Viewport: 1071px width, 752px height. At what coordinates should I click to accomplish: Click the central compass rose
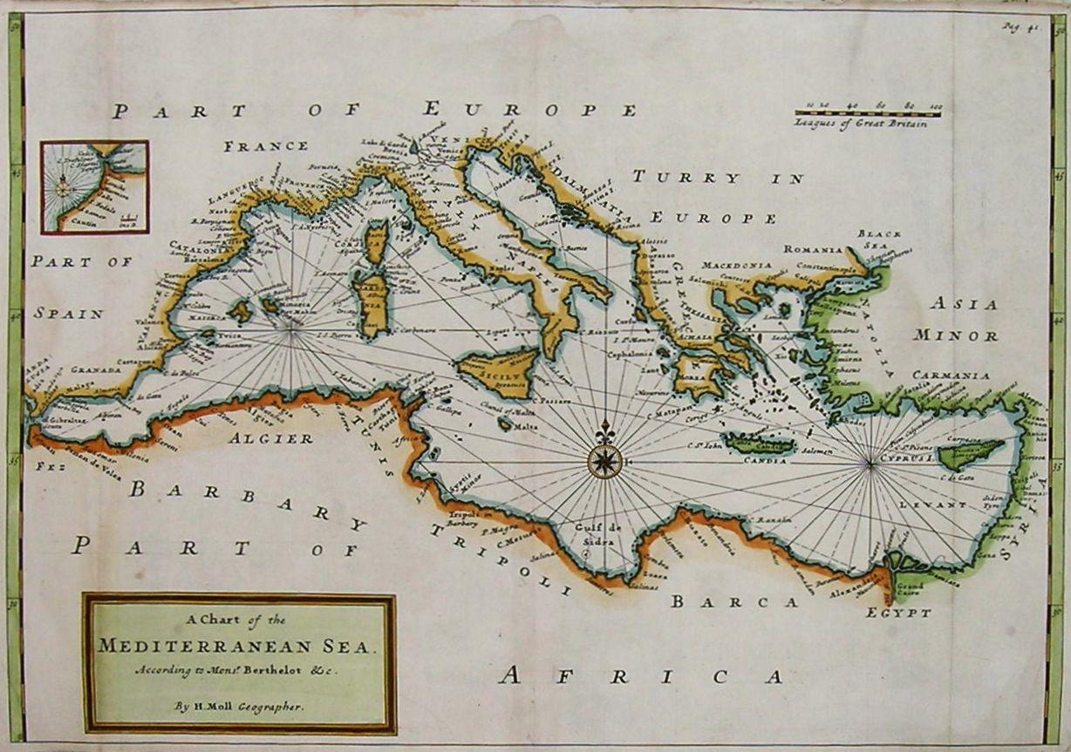(x=604, y=460)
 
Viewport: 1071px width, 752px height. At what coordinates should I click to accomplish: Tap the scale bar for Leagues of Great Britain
(x=868, y=112)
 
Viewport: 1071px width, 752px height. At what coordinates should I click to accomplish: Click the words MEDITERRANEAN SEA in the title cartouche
(x=239, y=646)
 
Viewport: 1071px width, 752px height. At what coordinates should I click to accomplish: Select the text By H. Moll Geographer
(x=239, y=708)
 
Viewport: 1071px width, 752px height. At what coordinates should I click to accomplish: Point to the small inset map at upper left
(x=94, y=187)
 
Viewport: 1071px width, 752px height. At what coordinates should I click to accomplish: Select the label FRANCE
(x=265, y=146)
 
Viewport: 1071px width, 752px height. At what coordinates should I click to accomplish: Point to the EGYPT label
(x=898, y=613)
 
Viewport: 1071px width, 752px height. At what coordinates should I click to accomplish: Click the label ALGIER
(x=270, y=438)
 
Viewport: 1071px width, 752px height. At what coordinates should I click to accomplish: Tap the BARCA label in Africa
(x=734, y=601)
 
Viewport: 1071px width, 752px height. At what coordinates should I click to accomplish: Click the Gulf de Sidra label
(x=596, y=534)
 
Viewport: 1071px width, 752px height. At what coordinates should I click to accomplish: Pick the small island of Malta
(x=506, y=424)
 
